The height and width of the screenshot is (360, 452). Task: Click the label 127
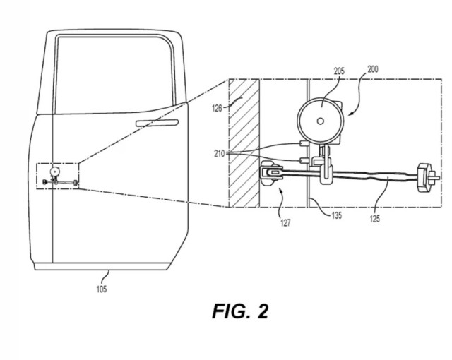tap(285, 222)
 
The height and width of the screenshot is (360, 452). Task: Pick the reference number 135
tap(337, 216)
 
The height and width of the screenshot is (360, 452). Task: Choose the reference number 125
tap(374, 218)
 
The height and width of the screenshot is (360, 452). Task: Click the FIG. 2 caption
tap(241, 311)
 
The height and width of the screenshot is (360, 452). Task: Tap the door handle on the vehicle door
tap(156, 123)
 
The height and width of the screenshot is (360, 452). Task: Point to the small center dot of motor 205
tap(321, 121)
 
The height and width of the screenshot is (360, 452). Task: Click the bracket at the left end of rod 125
tap(271, 171)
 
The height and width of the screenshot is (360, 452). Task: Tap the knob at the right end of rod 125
tap(424, 176)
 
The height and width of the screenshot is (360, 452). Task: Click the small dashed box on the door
tap(57, 176)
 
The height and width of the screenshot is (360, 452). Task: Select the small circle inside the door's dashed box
tap(54, 172)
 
